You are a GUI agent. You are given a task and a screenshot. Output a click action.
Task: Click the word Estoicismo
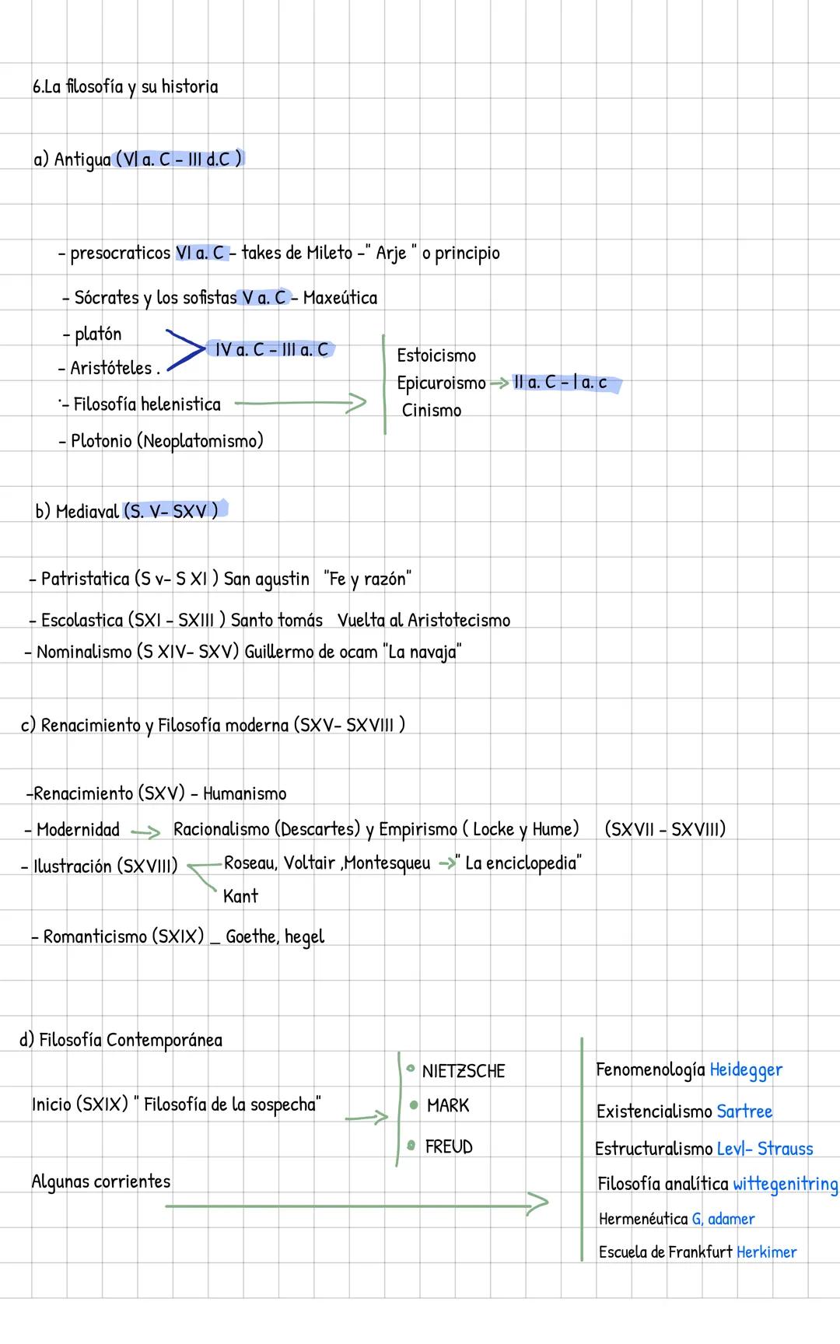point(436,355)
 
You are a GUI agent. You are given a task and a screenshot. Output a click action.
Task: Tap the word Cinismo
point(432,411)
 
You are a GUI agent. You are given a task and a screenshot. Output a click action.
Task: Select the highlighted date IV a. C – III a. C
point(271,350)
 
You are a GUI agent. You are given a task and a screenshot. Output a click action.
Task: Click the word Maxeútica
point(340,298)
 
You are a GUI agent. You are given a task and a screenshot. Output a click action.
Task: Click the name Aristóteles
point(111,368)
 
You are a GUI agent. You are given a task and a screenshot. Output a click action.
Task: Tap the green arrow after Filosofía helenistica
point(300,403)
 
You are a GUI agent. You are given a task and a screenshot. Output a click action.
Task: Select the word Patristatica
point(85,579)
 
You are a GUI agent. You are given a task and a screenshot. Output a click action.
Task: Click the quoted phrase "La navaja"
point(422,652)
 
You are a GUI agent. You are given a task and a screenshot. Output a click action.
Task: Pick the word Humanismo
point(244,794)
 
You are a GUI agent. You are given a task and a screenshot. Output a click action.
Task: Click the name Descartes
point(319,829)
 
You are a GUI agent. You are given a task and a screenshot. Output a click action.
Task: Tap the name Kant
point(240,896)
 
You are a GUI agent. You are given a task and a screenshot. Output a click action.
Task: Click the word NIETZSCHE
point(464,1071)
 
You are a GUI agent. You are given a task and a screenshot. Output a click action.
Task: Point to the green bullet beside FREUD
point(411,1145)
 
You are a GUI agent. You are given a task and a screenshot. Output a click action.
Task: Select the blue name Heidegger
point(746,1070)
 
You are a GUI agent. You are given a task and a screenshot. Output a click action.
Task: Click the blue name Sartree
point(744,1111)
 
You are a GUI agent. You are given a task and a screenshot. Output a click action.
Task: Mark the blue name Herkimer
point(766,1252)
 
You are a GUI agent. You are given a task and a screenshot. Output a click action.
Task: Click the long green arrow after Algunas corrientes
point(357,1205)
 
